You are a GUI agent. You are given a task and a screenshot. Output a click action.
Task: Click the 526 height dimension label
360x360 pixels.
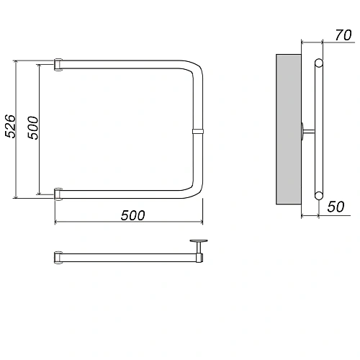click(x=10, y=126)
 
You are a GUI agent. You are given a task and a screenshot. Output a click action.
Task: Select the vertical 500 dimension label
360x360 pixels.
click(x=33, y=127)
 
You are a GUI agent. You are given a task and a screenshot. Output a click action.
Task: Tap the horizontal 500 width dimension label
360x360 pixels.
click(x=133, y=215)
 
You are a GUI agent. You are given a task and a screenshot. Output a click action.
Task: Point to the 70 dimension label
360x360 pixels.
click(x=343, y=35)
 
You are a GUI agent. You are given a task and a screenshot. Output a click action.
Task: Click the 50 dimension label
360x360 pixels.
click(x=336, y=207)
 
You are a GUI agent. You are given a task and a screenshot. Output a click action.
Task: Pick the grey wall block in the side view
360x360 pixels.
click(x=289, y=130)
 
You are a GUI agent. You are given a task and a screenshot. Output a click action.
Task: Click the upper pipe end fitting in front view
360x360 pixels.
click(x=58, y=65)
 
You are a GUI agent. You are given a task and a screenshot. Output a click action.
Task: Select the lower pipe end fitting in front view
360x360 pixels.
click(x=58, y=194)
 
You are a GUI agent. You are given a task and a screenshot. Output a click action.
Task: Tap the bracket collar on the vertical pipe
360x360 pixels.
click(x=198, y=131)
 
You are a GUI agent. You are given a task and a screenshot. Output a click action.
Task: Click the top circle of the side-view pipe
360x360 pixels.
click(x=319, y=63)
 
